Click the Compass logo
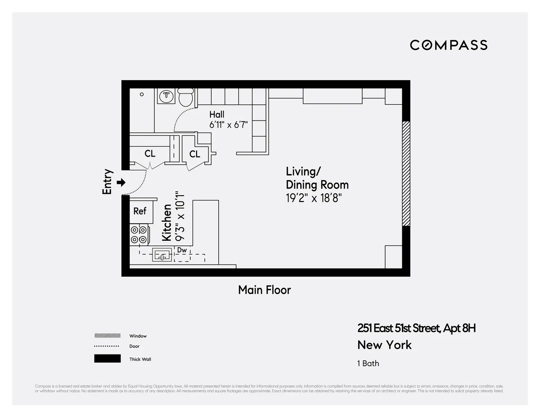[x=448, y=45]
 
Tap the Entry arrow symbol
[x=121, y=182]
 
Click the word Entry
[x=107, y=182]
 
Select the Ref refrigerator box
[x=140, y=211]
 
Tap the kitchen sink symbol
[x=162, y=256]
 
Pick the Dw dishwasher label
[x=182, y=250]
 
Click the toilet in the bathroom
[x=185, y=97]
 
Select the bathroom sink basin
[x=167, y=95]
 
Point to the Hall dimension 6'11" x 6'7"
[x=229, y=125]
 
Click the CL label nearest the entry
[x=150, y=154]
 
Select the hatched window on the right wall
[x=406, y=174]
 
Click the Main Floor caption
[x=265, y=290]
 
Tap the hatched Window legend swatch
[x=107, y=336]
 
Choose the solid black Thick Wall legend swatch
[x=107, y=359]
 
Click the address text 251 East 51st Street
[x=398, y=328]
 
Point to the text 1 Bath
[x=368, y=363]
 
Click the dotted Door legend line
[x=107, y=346]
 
